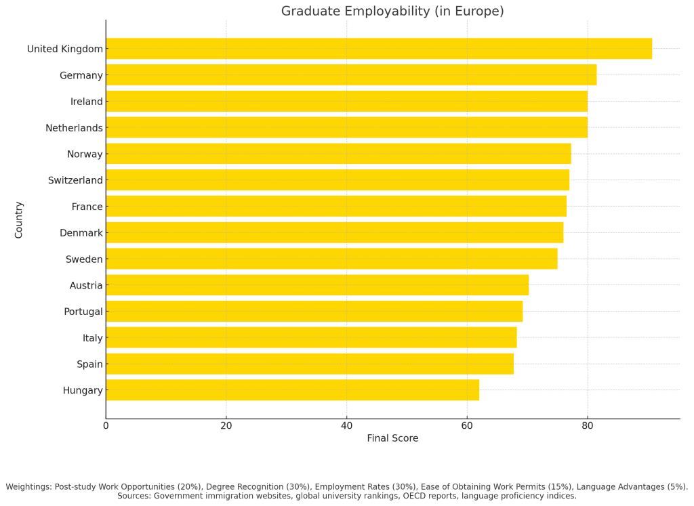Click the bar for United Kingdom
[x=378, y=49]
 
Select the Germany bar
[x=351, y=75]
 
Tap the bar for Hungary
[x=292, y=390]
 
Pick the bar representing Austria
[x=317, y=285]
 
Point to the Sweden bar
[x=331, y=259]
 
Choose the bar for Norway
[x=338, y=154]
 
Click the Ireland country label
[x=87, y=102]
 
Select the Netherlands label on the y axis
[x=74, y=128]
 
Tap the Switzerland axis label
[x=75, y=180]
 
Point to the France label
[x=87, y=207]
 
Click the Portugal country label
[x=83, y=312]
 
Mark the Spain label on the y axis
[x=89, y=364]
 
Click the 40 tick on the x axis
[x=346, y=426]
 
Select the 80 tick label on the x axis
[x=588, y=426]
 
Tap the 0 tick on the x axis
[x=106, y=426]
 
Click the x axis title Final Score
[x=392, y=438]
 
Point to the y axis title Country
[x=19, y=219]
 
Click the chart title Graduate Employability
[x=392, y=12]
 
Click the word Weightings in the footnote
[x=28, y=486]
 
